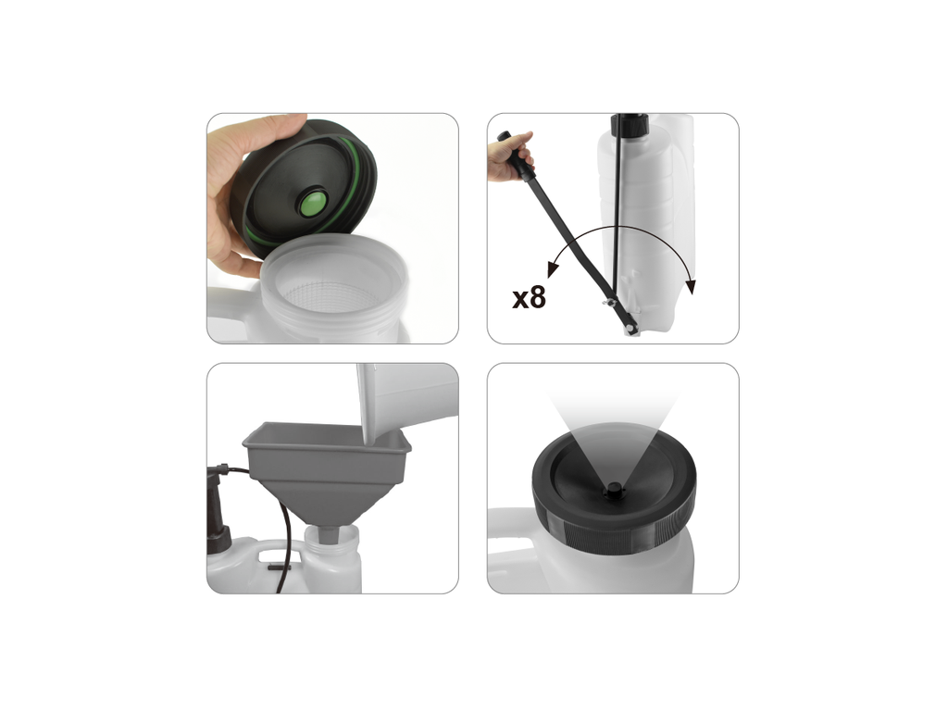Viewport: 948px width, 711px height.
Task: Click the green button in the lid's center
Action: click(x=314, y=203)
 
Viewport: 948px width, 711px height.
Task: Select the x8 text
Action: click(x=529, y=297)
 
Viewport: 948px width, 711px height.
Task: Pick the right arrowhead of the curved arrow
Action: click(x=691, y=286)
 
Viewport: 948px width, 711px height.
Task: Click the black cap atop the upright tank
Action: click(x=630, y=124)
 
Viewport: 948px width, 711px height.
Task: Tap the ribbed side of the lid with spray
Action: click(x=615, y=529)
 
